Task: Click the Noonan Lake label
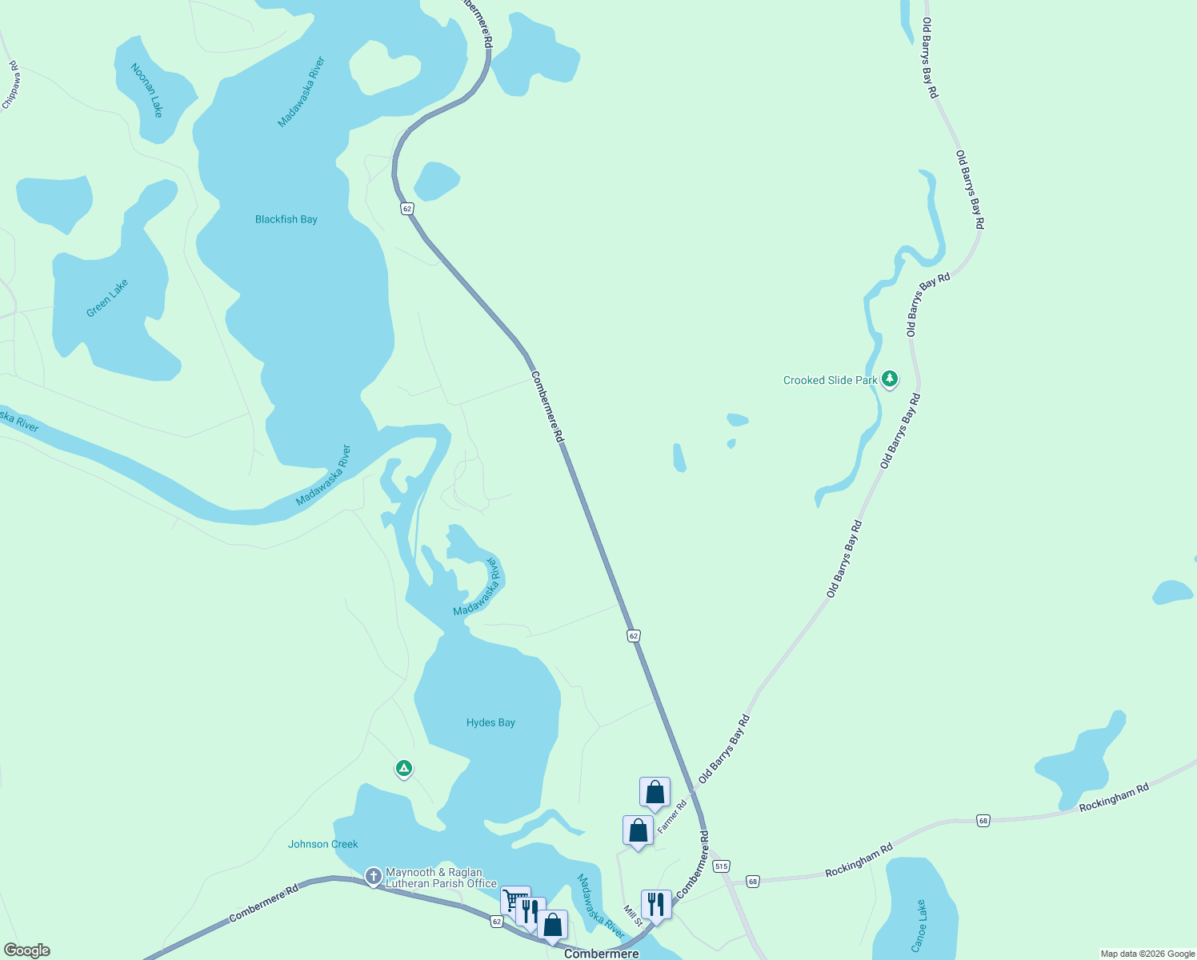click(x=147, y=90)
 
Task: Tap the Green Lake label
click(x=107, y=298)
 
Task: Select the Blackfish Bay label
click(x=286, y=219)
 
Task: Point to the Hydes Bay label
click(x=490, y=722)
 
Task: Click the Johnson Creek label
click(x=323, y=844)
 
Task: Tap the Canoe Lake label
click(x=919, y=926)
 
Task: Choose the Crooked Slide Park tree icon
click(x=890, y=379)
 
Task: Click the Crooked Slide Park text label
click(x=830, y=380)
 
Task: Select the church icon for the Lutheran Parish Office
click(x=373, y=877)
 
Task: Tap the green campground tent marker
click(x=404, y=769)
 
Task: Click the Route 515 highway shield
click(x=722, y=866)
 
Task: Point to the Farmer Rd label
click(x=672, y=817)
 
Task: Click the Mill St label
click(x=633, y=916)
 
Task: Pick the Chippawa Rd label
click(x=11, y=85)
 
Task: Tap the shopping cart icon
click(x=514, y=900)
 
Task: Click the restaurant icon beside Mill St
click(x=656, y=905)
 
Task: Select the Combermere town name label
click(x=602, y=954)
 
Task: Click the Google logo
click(x=27, y=950)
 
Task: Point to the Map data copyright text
click(x=1147, y=954)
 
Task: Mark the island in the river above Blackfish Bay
click(x=384, y=66)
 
